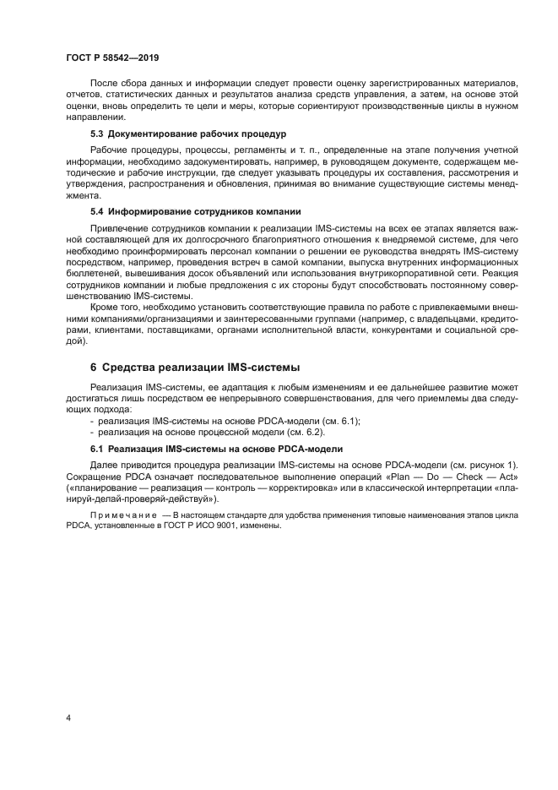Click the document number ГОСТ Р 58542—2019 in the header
[112, 58]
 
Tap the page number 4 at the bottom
[68, 716]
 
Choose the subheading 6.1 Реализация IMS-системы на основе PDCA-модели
[215, 448]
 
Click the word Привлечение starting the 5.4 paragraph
[117, 228]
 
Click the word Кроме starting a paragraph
[104, 307]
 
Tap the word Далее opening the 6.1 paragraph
[106, 466]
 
